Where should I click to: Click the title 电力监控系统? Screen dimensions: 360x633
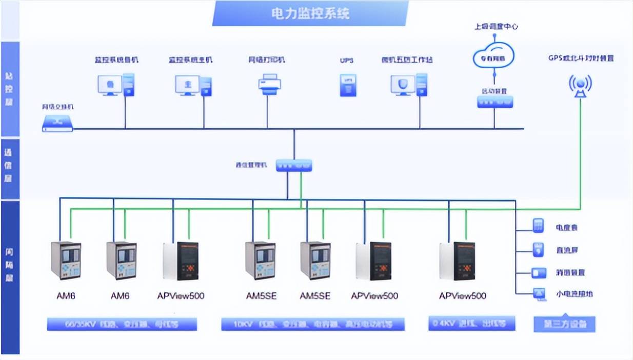[x=310, y=13]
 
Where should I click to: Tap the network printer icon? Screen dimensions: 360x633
[x=269, y=84]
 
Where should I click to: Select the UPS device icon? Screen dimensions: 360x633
[x=348, y=85]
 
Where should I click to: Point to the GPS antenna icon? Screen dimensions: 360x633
[x=580, y=85]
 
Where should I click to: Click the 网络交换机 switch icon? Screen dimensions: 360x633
[x=57, y=123]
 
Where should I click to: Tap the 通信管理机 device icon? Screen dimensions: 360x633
[x=294, y=166]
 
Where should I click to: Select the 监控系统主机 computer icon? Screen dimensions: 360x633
[x=193, y=85]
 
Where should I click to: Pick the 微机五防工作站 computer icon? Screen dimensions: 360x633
[x=409, y=85]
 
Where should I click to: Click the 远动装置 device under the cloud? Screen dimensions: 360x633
[x=494, y=102]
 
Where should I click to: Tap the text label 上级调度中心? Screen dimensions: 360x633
[x=496, y=26]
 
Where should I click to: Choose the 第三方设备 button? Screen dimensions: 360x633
[x=564, y=324]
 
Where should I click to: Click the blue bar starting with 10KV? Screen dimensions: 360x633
[x=313, y=324]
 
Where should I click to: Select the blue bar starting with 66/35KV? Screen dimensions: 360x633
[x=122, y=324]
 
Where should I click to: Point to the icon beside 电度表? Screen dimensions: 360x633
[x=538, y=226]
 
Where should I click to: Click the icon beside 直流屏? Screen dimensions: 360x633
[x=538, y=250]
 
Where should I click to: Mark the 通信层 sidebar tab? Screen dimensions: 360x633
[x=10, y=165]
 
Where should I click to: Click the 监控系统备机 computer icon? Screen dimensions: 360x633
[x=116, y=85]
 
